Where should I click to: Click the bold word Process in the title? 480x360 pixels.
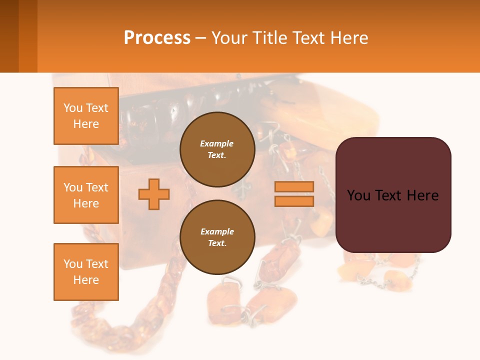tap(157, 37)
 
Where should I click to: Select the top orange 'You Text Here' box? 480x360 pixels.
tap(86, 116)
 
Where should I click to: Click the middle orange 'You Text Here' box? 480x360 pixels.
tap(86, 195)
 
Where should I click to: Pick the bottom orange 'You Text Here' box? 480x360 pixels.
tap(86, 272)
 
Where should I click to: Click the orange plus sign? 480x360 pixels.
tap(154, 194)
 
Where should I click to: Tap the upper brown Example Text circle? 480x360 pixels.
tap(217, 149)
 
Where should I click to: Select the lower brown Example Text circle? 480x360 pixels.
tap(217, 237)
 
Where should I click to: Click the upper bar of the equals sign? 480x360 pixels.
tap(294, 186)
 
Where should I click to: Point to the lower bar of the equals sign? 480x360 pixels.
tap(294, 201)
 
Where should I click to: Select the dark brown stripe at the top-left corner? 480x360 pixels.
tap(9, 36)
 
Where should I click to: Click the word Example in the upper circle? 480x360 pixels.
tap(217, 143)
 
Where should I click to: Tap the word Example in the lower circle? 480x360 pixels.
tap(217, 231)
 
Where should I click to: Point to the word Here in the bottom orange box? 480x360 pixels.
tap(86, 280)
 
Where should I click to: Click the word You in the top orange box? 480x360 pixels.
tap(73, 108)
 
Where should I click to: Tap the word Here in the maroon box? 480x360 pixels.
tap(422, 195)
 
